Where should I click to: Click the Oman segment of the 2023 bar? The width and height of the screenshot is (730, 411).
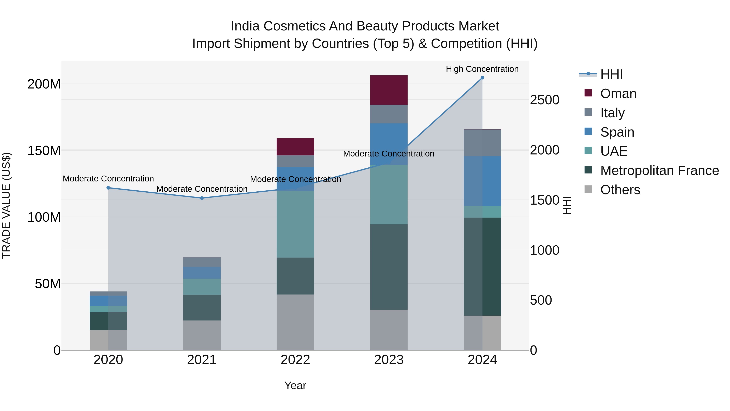[389, 90]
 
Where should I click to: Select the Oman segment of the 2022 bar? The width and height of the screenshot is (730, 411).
[295, 147]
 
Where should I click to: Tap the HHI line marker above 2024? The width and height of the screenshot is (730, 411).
[482, 78]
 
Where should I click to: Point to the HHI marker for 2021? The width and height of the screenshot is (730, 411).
[202, 198]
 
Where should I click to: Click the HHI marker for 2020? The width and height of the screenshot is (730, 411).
[108, 188]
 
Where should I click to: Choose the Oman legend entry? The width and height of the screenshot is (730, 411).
[618, 94]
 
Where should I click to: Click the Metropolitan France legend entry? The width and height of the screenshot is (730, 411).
[659, 170]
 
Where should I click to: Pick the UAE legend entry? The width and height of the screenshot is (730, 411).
[614, 151]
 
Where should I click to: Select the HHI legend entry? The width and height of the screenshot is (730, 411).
[611, 74]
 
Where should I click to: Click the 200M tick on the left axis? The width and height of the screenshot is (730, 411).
[44, 84]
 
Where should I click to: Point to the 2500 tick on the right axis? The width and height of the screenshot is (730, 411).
[544, 100]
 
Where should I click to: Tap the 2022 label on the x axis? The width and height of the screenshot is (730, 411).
[295, 360]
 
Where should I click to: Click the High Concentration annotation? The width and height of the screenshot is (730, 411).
[482, 69]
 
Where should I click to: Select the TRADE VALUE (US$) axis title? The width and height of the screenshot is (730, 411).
[6, 205]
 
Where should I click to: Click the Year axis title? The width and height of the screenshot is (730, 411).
[295, 385]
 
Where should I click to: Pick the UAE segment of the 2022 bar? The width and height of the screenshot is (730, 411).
[295, 224]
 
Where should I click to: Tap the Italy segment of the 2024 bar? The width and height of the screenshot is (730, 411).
[482, 143]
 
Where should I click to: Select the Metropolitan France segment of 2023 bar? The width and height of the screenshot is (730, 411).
[389, 267]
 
